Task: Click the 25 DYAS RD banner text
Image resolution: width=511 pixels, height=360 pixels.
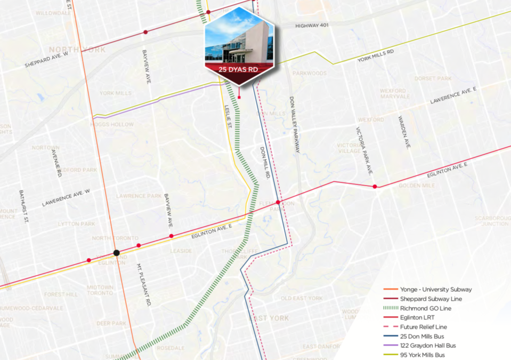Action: (x=239, y=70)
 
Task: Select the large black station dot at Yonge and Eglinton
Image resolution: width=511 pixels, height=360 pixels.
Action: (x=116, y=253)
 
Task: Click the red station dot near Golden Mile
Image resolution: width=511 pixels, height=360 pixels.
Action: (x=375, y=186)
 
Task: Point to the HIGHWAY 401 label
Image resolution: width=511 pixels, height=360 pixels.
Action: (x=313, y=26)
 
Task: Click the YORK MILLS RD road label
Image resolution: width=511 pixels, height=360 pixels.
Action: (x=376, y=56)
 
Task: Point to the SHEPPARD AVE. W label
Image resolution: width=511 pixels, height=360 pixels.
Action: (x=47, y=60)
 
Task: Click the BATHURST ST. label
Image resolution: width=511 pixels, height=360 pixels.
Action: (x=22, y=207)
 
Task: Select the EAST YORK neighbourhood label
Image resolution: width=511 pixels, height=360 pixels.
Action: (x=269, y=318)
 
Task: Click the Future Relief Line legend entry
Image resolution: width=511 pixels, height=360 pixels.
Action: (x=424, y=327)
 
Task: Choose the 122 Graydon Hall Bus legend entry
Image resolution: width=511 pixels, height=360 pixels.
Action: (x=428, y=346)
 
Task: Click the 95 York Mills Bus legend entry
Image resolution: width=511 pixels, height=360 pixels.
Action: (x=423, y=355)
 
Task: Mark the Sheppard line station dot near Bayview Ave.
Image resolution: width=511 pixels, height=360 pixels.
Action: (x=145, y=32)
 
